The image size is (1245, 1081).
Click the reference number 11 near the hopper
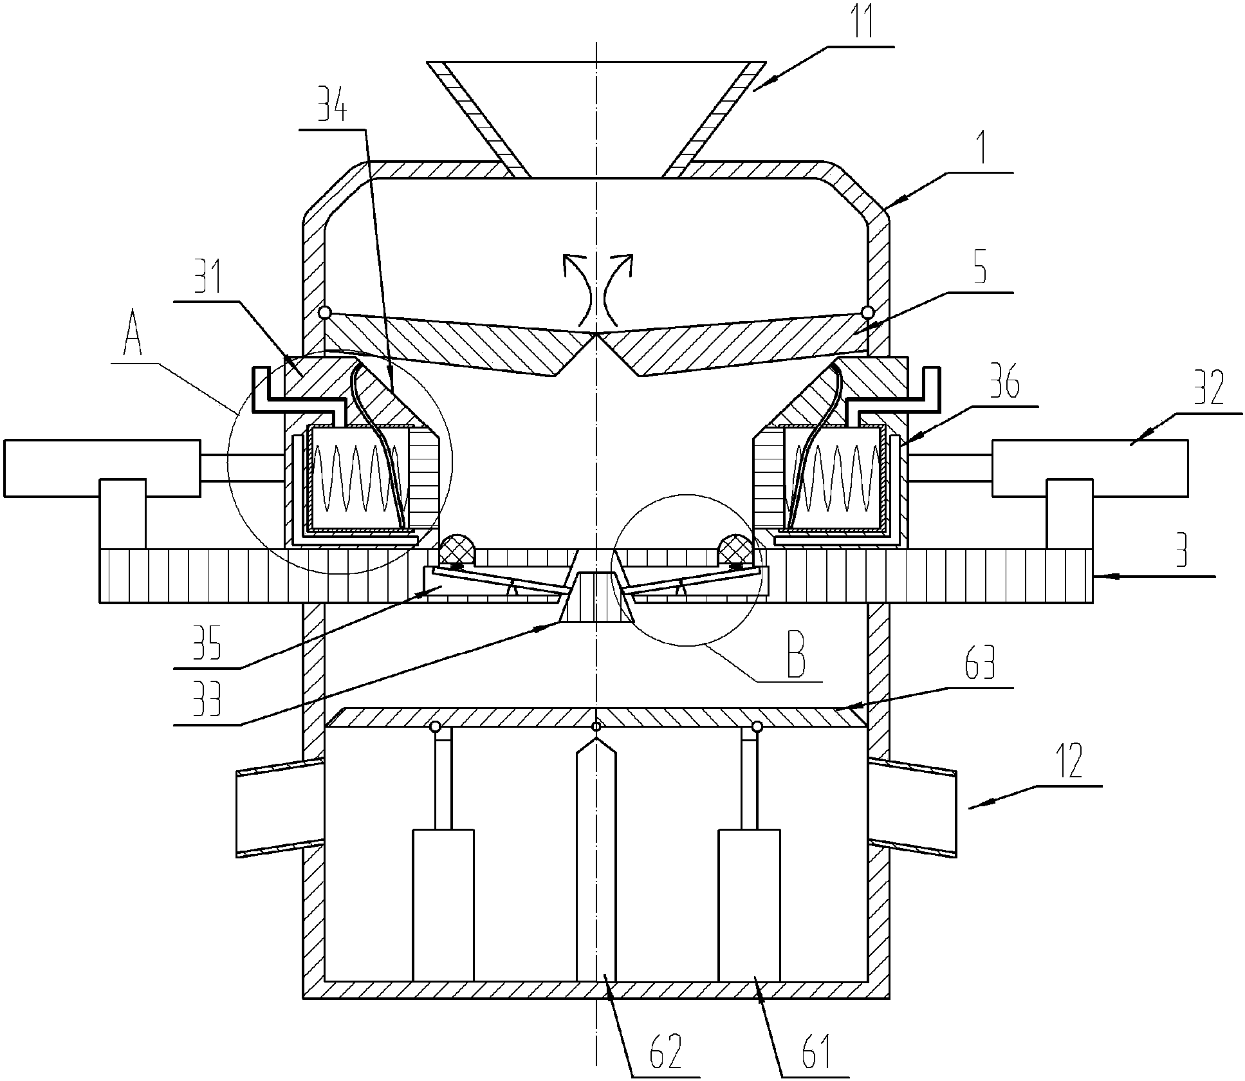click(x=860, y=22)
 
